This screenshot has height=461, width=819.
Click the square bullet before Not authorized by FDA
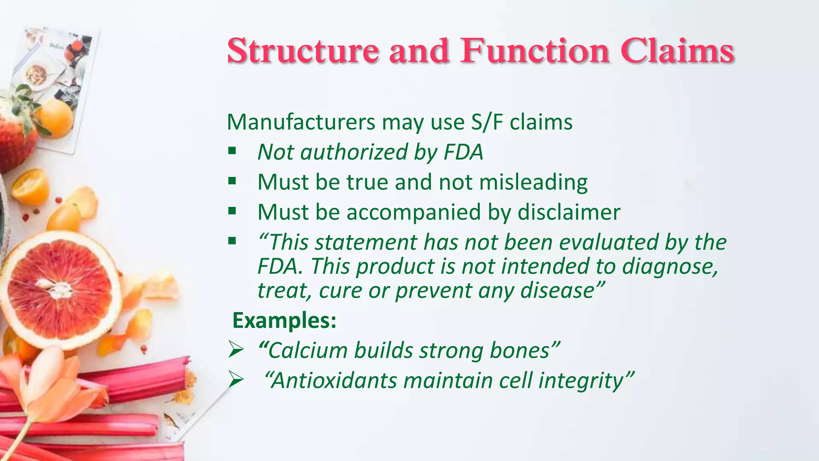pyautogui.click(x=232, y=151)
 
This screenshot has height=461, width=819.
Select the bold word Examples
pyautogui.click(x=284, y=321)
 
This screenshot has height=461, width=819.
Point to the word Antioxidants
pyautogui.click(x=334, y=381)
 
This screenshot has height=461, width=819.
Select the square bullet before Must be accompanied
pyautogui.click(x=232, y=211)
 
